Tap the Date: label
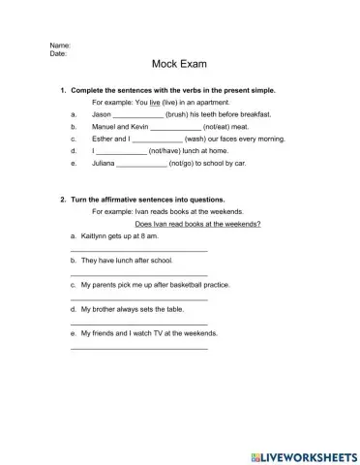(58, 54)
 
